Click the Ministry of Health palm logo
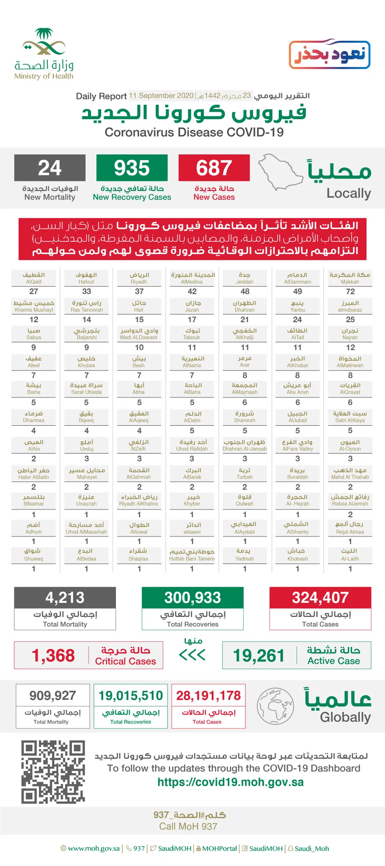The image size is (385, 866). [44, 44]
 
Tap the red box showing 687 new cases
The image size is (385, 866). [214, 168]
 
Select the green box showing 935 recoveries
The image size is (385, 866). [132, 168]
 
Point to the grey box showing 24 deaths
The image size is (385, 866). [50, 168]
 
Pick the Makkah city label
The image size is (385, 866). [350, 278]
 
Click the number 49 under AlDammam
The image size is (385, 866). [297, 291]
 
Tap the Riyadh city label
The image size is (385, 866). [139, 278]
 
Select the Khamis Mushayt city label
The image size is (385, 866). [34, 306]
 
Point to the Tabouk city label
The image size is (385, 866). [192, 334]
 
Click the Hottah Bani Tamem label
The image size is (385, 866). [192, 555]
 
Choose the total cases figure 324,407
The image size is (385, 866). [320, 597]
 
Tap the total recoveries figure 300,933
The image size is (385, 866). [192, 597]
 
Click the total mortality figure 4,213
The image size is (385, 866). [65, 597]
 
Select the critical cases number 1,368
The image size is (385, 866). [53, 655]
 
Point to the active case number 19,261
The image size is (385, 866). [258, 655]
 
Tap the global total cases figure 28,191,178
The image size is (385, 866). [208, 696]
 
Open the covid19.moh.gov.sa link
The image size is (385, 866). [231, 782]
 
